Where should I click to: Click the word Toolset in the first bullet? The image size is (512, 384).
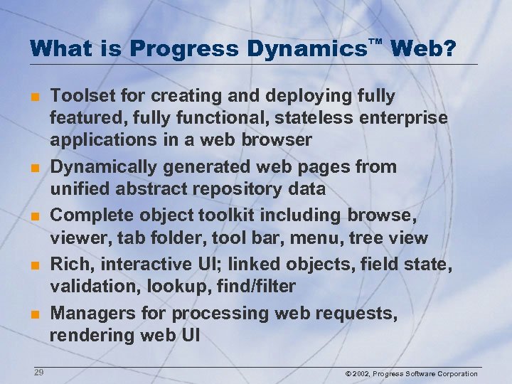pyautogui.click(x=82, y=96)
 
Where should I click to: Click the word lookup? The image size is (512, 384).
pyautogui.click(x=180, y=287)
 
